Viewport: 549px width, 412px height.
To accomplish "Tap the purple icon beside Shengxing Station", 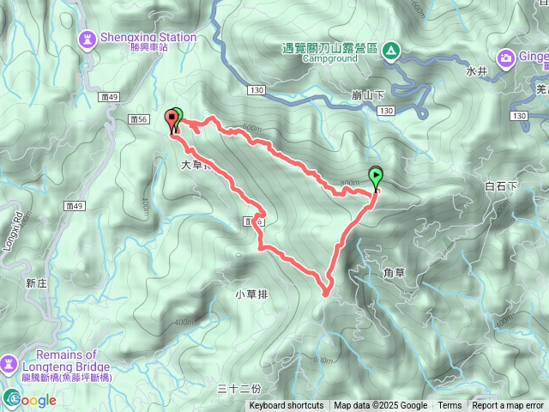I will point(87,39).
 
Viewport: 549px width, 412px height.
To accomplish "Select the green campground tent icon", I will point(390,51).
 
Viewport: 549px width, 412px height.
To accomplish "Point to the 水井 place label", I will point(477,72).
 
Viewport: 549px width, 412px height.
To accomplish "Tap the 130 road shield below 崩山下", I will point(385,112).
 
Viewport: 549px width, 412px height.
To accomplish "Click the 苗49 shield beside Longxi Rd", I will point(75,206).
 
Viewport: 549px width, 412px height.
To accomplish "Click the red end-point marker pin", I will point(170,118).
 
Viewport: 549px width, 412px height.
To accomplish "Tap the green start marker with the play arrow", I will point(376,177).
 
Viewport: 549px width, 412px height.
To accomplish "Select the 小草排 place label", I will point(251,294).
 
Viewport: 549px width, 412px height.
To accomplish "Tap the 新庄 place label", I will point(35,282).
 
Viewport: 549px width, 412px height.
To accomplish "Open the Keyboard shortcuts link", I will point(287,406).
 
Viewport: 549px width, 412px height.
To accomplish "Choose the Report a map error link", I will point(507,406).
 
